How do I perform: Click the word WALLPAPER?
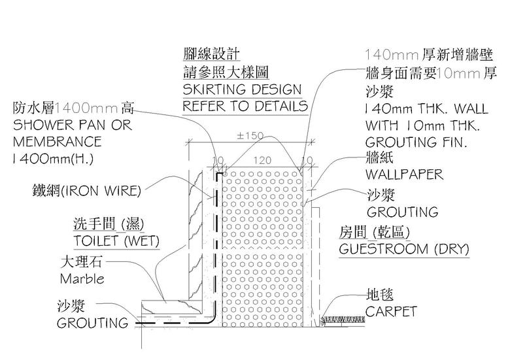[404, 175]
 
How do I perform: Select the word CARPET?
[391, 312]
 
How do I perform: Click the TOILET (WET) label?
[116, 241]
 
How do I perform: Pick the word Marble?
[82, 279]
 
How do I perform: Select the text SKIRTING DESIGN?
[242, 90]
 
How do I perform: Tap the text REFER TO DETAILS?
[245, 106]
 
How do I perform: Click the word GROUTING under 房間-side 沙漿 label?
[402, 212]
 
